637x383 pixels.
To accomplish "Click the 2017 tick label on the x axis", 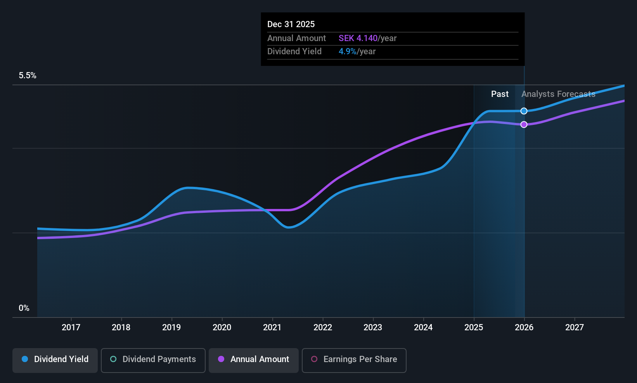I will coord(71,328).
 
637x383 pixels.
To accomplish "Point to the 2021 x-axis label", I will coord(272,328).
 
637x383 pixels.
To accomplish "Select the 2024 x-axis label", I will coord(423,328).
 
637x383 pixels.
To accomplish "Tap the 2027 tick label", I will coord(575,328).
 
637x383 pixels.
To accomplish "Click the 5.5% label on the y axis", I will coord(28,76).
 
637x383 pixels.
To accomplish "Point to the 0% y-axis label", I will coord(24,308).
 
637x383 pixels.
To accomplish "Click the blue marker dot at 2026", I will coord(524,111).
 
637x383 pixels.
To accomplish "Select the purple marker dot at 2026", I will coord(524,124).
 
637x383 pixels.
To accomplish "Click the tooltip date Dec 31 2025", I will coord(291,24).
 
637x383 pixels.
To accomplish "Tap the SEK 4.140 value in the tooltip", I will coord(358,38).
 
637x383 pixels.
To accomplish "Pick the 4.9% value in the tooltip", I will coord(347,52).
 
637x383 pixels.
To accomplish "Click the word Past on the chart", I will coord(500,94).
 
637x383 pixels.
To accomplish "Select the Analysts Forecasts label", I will coord(558,94).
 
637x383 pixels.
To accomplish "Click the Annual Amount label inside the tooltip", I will coord(296,38).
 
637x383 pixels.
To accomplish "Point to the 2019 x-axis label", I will coord(171,328).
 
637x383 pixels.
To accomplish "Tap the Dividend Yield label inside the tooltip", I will coord(294,52).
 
